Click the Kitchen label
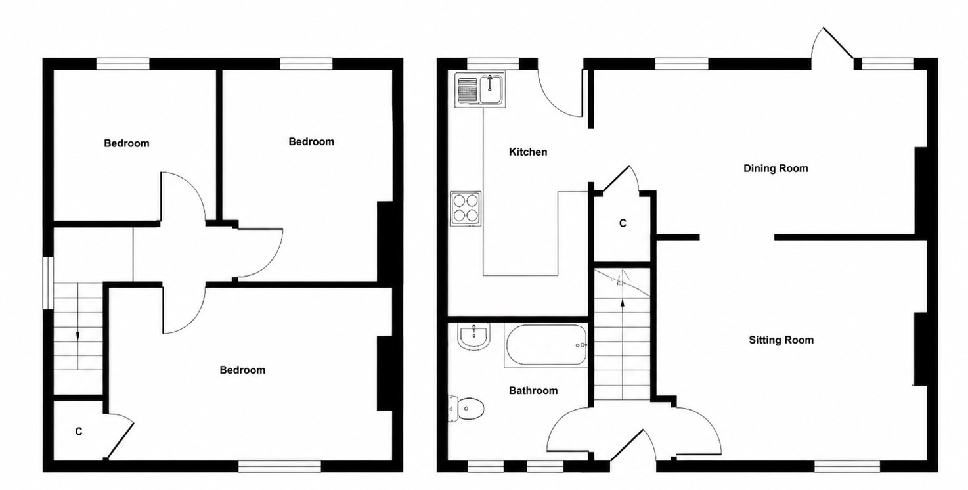[527, 152]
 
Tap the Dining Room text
[776, 169]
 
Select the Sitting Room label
[781, 340]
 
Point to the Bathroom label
[533, 391]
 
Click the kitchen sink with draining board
[480, 89]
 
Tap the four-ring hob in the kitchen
[466, 209]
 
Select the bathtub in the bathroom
[546, 345]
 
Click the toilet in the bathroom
[466, 408]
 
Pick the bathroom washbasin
[474, 336]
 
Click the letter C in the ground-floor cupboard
[623, 223]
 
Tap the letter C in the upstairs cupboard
[79, 432]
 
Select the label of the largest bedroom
[242, 370]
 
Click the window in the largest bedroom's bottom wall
[280, 466]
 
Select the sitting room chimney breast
[920, 348]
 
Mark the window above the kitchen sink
[493, 64]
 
